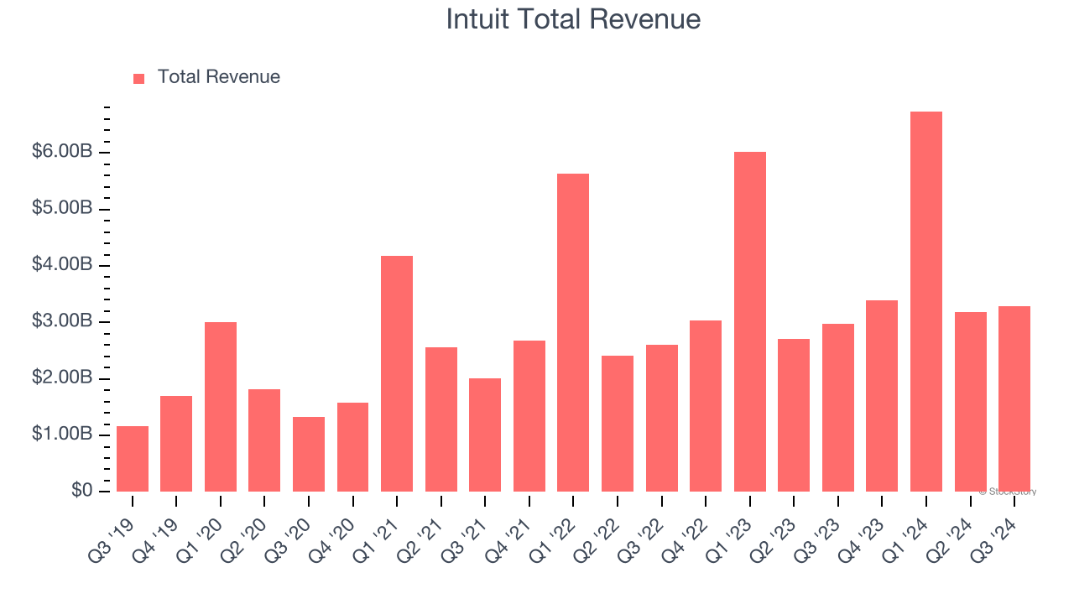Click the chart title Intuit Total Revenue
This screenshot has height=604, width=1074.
pos(573,19)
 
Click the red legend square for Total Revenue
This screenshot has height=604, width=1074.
pos(139,78)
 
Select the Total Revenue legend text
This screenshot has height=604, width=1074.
pos(218,77)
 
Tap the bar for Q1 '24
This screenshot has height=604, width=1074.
pos(926,302)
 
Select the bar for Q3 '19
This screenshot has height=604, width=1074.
pos(133,459)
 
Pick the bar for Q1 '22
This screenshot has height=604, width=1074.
pos(573,332)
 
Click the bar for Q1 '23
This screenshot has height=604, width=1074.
pos(750,321)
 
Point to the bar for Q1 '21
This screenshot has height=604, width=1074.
pos(397,373)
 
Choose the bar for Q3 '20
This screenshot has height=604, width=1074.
pos(309,454)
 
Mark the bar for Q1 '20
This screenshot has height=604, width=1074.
pos(221,407)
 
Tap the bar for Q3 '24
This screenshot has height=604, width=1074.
pos(1014,398)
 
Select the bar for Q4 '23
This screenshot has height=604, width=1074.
pos(882,396)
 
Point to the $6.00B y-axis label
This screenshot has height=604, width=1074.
pos(62,152)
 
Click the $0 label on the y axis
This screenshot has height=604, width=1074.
pos(81,491)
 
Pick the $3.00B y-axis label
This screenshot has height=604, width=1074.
pos(62,321)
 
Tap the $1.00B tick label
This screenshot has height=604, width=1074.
pos(62,435)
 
